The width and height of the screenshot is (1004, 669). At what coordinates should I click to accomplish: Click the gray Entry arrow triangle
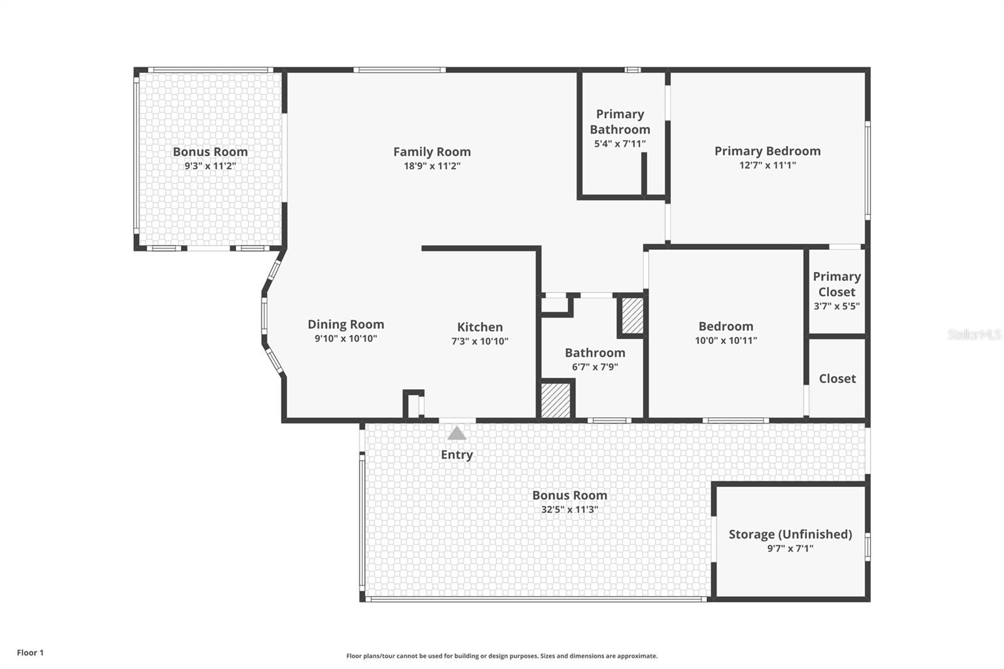click(x=457, y=434)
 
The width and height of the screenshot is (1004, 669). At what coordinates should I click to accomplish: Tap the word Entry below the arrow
click(x=457, y=455)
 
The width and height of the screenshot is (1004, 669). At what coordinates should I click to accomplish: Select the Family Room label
click(x=432, y=151)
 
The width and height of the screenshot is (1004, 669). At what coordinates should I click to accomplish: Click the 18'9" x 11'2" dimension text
click(x=432, y=166)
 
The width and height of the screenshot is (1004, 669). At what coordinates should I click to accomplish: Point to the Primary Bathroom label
click(x=620, y=122)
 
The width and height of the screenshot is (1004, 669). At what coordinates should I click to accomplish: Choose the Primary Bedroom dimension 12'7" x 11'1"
click(x=767, y=166)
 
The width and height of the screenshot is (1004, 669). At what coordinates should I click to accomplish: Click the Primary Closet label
click(x=836, y=284)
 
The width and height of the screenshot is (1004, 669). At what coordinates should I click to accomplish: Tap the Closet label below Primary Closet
click(x=837, y=378)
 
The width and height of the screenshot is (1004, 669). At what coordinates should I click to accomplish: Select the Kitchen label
click(x=479, y=327)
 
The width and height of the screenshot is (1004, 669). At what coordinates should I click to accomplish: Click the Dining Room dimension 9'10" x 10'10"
click(x=346, y=339)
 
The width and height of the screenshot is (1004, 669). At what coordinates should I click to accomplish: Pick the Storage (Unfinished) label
click(x=790, y=534)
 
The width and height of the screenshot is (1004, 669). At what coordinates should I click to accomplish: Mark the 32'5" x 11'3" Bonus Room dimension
click(x=569, y=510)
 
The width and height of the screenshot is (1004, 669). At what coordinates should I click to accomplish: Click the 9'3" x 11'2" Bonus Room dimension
click(x=210, y=166)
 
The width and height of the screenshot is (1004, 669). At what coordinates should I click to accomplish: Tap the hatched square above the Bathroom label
click(x=632, y=316)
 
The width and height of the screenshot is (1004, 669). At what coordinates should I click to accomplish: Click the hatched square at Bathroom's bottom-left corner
click(x=556, y=400)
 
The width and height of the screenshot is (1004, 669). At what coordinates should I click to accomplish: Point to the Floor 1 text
click(x=30, y=653)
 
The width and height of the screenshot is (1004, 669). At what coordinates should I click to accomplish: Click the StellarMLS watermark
click(x=975, y=334)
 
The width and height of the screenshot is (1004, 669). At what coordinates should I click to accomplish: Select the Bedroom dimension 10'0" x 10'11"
click(x=725, y=341)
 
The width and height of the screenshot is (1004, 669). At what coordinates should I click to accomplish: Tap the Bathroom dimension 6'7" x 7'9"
click(x=595, y=367)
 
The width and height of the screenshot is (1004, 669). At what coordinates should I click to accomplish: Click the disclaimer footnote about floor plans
click(x=502, y=656)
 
